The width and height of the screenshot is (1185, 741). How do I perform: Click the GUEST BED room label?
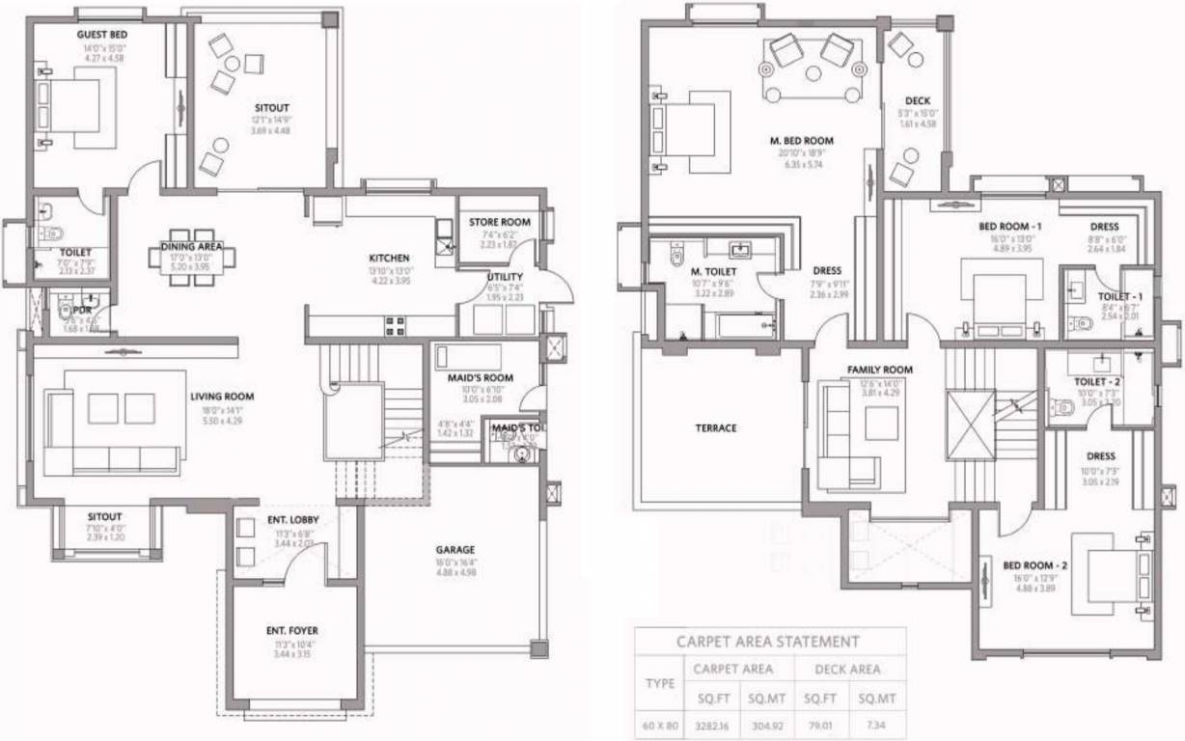(102, 35)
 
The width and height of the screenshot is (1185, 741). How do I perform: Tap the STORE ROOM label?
(500, 222)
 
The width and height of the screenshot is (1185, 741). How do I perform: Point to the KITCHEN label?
(390, 258)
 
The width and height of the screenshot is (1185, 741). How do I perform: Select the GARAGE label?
(455, 550)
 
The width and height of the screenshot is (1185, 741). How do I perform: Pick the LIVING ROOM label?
(221, 396)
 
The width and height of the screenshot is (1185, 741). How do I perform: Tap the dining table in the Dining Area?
(193, 258)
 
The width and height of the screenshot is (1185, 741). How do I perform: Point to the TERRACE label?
(715, 427)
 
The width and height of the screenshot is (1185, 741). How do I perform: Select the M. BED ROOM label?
(801, 141)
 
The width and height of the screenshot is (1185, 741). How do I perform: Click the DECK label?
(917, 100)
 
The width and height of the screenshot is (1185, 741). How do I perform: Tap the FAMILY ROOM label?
(879, 370)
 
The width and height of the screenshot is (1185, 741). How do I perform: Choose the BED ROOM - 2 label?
(1034, 564)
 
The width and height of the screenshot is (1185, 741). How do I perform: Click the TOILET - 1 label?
(1120, 295)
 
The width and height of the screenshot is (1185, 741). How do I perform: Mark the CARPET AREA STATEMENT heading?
(768, 641)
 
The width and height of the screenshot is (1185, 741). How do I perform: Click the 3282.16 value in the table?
(711, 722)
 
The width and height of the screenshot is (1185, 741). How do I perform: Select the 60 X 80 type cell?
(659, 722)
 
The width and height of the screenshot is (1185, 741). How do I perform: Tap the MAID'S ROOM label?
(481, 377)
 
